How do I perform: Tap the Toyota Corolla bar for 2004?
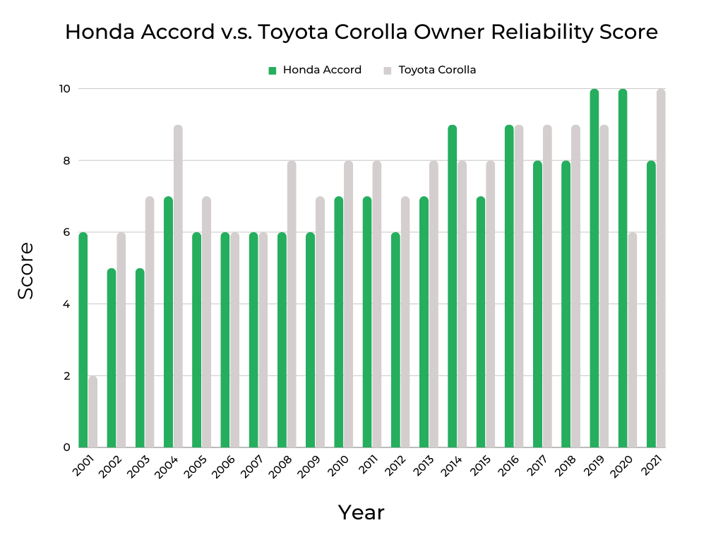coord(178,286)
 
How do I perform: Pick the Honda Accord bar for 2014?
coord(452,286)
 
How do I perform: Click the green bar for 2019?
coord(594,268)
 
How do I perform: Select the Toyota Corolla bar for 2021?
coord(661,268)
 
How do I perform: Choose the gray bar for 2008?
coord(292,304)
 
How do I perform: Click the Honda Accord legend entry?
coord(321,70)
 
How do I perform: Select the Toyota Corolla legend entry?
coord(436,70)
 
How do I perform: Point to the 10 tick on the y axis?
coord(65,89)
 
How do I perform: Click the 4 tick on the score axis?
coord(66,304)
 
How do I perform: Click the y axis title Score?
coord(25,270)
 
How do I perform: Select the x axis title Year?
coord(361,512)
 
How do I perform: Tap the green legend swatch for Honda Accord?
coord(272,70)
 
